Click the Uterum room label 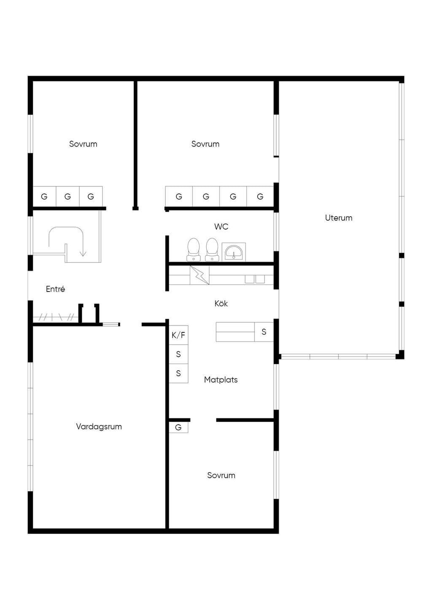(x=338, y=218)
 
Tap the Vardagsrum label (x=99, y=426)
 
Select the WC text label (x=221, y=227)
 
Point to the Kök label (x=221, y=303)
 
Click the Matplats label (x=221, y=380)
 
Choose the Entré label (x=55, y=289)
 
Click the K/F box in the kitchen (x=178, y=335)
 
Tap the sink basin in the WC (x=233, y=252)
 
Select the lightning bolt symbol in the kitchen (x=200, y=276)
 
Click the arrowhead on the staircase (x=83, y=254)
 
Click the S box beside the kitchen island (x=264, y=332)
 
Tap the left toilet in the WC (x=194, y=250)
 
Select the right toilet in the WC (x=212, y=250)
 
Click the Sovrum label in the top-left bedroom (x=83, y=144)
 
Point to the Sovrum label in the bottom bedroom (x=221, y=475)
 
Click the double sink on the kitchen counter (x=255, y=279)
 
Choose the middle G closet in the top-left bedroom (x=67, y=196)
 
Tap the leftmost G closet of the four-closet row (x=179, y=196)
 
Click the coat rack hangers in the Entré (x=56, y=317)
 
